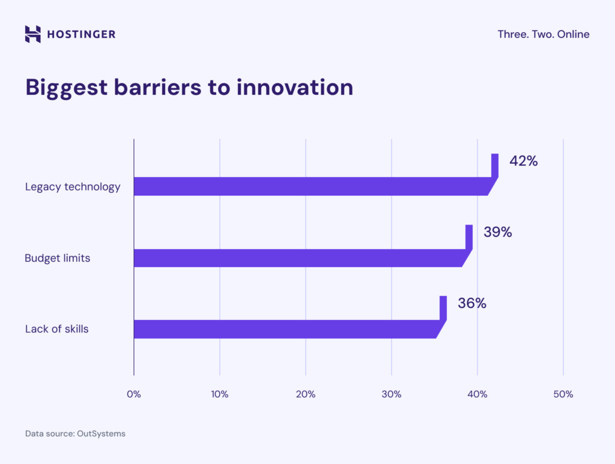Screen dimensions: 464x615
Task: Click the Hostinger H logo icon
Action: click(x=33, y=34)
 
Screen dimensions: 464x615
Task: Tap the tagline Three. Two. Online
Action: click(x=543, y=34)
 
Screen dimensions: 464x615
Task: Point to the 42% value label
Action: click(x=523, y=161)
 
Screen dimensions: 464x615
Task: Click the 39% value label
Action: click(x=497, y=232)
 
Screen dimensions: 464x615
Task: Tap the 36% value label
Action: click(x=471, y=304)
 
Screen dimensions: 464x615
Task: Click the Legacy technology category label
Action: click(x=73, y=187)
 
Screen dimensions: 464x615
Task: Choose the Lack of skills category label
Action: click(x=57, y=329)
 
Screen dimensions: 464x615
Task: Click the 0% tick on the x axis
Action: click(x=133, y=394)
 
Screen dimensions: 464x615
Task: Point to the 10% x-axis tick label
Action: click(x=220, y=394)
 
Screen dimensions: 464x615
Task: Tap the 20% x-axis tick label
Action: click(x=306, y=394)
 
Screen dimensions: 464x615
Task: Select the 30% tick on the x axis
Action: click(x=392, y=394)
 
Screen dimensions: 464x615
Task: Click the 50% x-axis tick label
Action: click(x=563, y=394)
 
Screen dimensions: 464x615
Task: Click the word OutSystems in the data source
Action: click(x=101, y=433)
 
